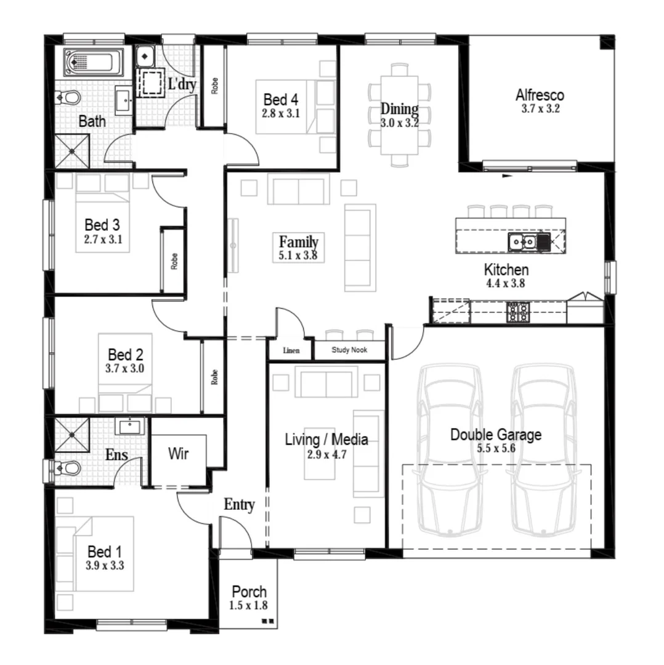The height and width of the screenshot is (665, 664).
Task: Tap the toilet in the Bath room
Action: [x=68, y=97]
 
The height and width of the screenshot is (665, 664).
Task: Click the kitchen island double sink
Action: [x=522, y=242]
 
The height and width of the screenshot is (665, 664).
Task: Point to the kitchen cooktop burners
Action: [x=518, y=313]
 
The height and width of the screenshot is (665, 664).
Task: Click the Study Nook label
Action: [x=349, y=350]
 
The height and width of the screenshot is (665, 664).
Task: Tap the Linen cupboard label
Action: [x=291, y=350]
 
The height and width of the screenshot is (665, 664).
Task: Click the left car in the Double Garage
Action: [x=449, y=449]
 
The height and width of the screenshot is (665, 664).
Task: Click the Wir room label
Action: [x=179, y=454]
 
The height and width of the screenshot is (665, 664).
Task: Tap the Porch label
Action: [x=249, y=592]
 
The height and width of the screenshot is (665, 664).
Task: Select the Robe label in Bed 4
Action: [x=214, y=86]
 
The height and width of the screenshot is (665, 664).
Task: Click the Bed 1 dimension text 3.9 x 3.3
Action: [x=105, y=565]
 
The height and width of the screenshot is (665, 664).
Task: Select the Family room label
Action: [x=298, y=241]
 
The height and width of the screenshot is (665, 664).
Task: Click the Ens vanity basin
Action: [x=129, y=425]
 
